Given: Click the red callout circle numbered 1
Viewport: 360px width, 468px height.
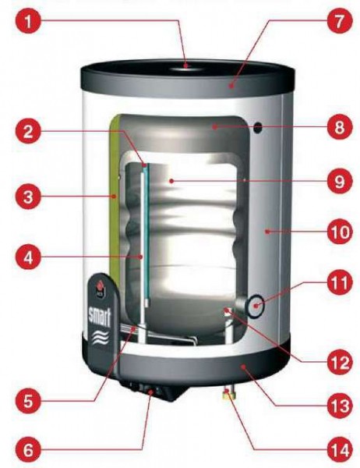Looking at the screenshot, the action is coord(27,22).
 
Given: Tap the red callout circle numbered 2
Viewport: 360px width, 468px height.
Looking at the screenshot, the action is coord(27,132).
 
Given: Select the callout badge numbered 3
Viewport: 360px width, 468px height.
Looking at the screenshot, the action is coord(27,197).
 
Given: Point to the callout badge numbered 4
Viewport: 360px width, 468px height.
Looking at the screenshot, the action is coord(27,258).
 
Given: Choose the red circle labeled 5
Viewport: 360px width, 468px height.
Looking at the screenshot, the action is coord(27,401).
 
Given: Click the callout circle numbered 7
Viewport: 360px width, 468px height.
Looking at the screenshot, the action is coord(339,21).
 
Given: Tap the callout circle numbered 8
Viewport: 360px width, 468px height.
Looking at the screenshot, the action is coord(339,127).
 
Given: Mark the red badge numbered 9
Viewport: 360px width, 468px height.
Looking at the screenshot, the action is coord(339,181).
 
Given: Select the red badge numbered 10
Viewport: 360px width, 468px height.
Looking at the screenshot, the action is coord(341,232).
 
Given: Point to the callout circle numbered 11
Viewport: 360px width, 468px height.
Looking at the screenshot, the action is coord(340,282).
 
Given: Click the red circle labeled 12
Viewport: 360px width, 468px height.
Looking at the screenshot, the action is coord(340,362).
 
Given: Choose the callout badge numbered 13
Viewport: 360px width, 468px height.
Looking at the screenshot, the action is coord(340,405).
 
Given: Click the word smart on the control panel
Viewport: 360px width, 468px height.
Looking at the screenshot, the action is coord(100,317).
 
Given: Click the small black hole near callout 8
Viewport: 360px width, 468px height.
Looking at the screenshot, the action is coord(258,128).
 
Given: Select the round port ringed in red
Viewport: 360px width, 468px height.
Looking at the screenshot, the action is coord(256,307).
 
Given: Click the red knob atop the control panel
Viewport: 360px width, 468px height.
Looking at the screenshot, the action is coord(99,287).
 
